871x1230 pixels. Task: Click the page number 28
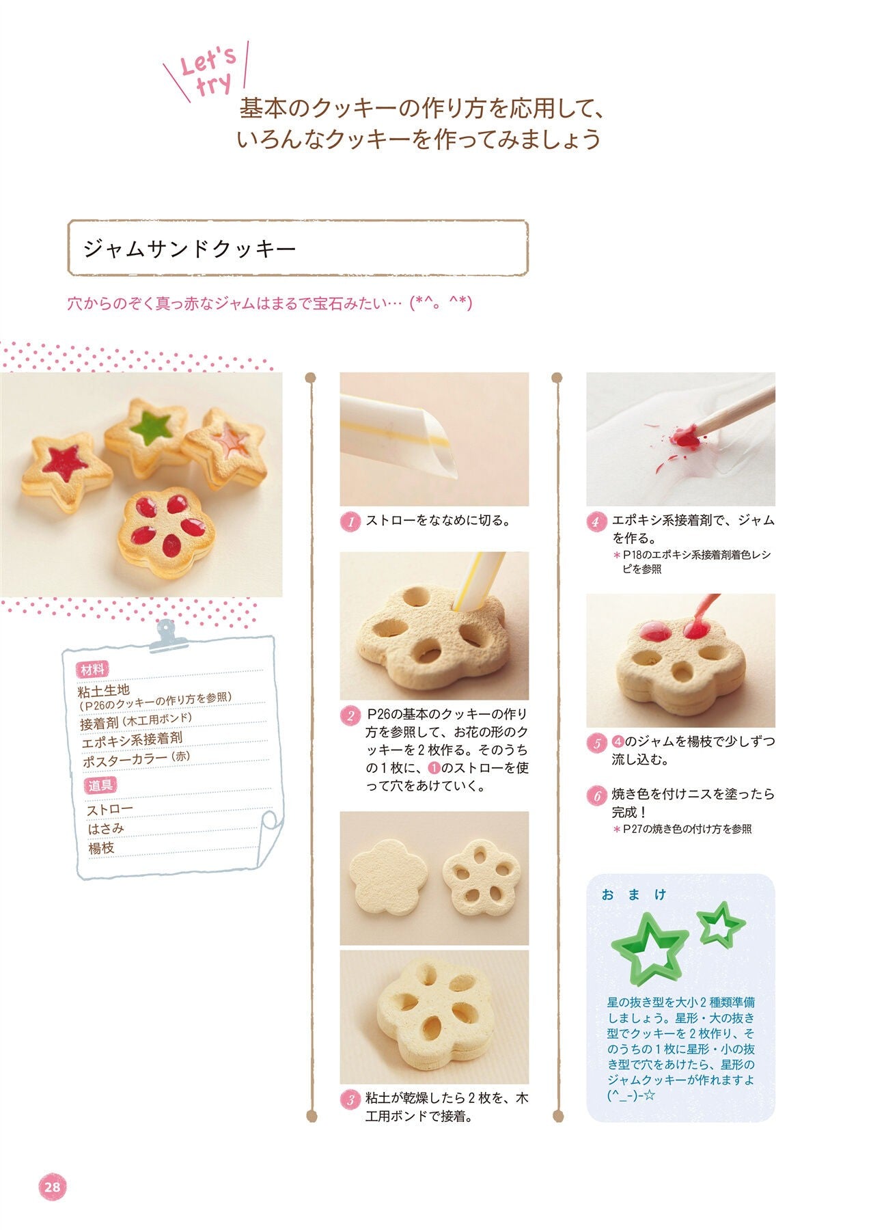pos(53,1187)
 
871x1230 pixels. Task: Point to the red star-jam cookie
pos(66,471)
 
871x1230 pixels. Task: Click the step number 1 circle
pos(350,521)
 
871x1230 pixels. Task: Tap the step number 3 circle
pos(350,1099)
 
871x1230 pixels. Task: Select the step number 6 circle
pos(596,795)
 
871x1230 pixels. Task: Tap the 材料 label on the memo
pos(95,669)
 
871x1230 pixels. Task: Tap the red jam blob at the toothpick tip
pos(686,435)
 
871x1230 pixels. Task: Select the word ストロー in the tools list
pos(109,809)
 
